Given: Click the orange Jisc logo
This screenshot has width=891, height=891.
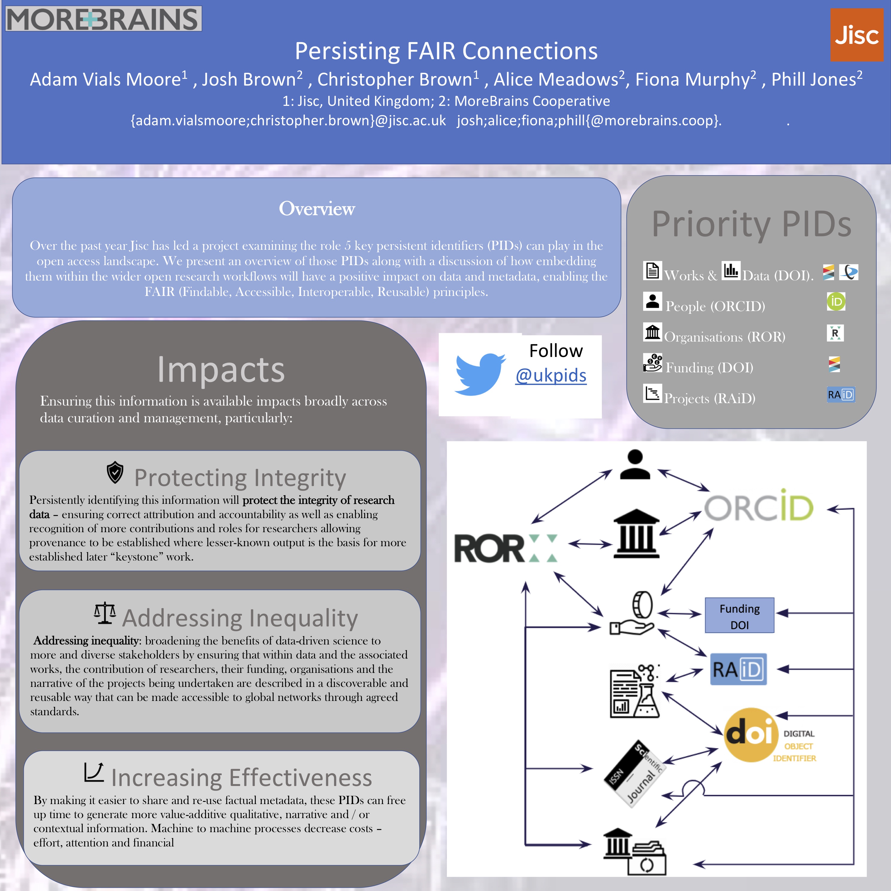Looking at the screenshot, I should coord(856,35).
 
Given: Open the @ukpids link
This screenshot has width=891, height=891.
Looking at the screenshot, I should coord(551,375).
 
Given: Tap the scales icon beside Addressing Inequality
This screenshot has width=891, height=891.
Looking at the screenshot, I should coord(105,613).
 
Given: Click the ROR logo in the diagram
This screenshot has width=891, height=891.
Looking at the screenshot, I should coord(505,548).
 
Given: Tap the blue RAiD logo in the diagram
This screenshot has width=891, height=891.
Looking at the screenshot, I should coord(738,669).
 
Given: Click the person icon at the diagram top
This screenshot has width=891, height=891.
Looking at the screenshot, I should coord(635,465).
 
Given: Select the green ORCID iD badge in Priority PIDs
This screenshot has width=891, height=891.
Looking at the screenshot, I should coord(836,302).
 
